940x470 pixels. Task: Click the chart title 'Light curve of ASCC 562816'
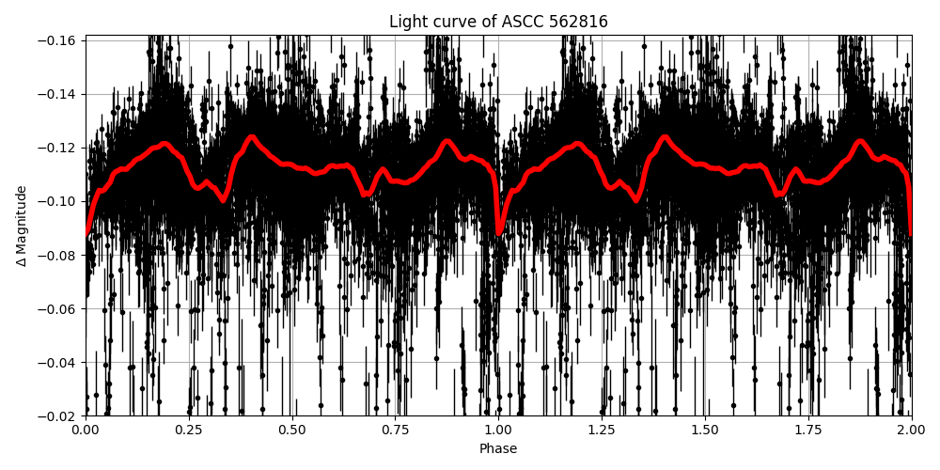(x=498, y=22)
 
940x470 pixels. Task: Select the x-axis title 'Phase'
(x=498, y=449)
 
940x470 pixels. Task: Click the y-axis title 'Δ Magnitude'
(x=22, y=226)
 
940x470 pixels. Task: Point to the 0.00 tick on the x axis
(x=86, y=430)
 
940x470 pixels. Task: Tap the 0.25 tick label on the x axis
(x=189, y=430)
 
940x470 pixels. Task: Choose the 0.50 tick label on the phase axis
(x=292, y=430)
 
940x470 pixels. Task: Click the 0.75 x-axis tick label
(x=395, y=430)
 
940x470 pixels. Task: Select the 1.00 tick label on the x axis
(x=498, y=430)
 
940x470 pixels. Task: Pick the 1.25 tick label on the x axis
(x=602, y=430)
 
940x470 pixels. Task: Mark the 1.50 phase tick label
(x=705, y=430)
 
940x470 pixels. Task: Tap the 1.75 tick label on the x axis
(x=808, y=430)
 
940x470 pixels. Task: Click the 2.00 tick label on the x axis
(x=911, y=430)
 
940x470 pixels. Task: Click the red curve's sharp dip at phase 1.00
(x=499, y=231)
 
